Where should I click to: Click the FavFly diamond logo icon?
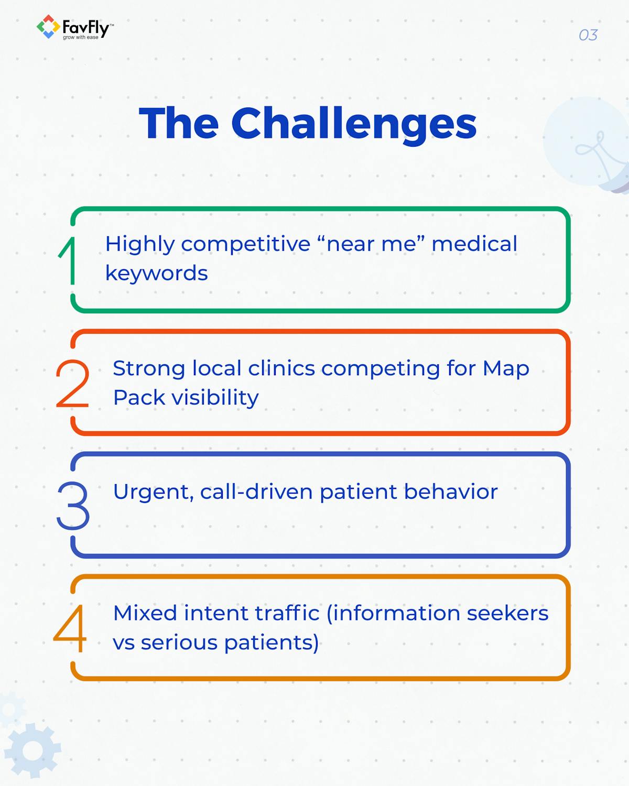click(x=48, y=27)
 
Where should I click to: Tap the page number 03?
click(x=588, y=35)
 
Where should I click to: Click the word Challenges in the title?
click(x=354, y=124)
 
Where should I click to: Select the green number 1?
click(x=68, y=260)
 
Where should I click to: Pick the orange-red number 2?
click(x=72, y=384)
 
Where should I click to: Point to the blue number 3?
click(x=73, y=506)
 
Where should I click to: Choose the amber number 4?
click(x=70, y=628)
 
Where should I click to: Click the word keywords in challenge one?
click(x=156, y=273)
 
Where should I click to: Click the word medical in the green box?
click(x=474, y=244)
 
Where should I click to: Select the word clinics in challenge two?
click(x=281, y=368)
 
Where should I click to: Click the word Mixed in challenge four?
click(x=145, y=613)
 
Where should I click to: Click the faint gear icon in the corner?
click(x=32, y=750)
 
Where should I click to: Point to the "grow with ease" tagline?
click(x=81, y=38)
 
